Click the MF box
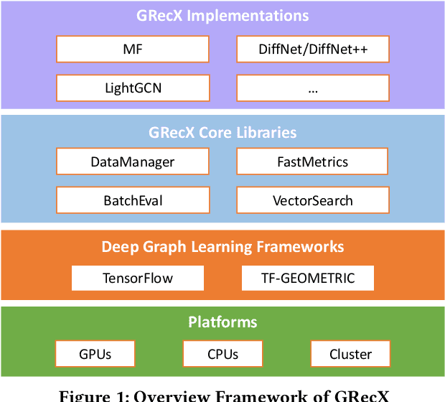tap(133, 50)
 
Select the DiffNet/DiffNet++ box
tap(313, 50)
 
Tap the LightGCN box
tap(133, 89)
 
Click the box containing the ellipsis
tap(313, 89)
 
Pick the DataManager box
tap(133, 162)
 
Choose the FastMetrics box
tap(313, 162)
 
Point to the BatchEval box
tap(133, 200)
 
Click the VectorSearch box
tap(313, 200)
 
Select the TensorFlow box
tap(138, 278)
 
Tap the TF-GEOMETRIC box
tap(308, 278)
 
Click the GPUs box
tap(95, 354)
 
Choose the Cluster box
tap(350, 354)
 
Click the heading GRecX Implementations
tap(222, 15)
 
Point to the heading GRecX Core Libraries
tap(222, 132)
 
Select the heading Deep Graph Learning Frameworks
tap(222, 247)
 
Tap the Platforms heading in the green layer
tap(222, 322)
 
